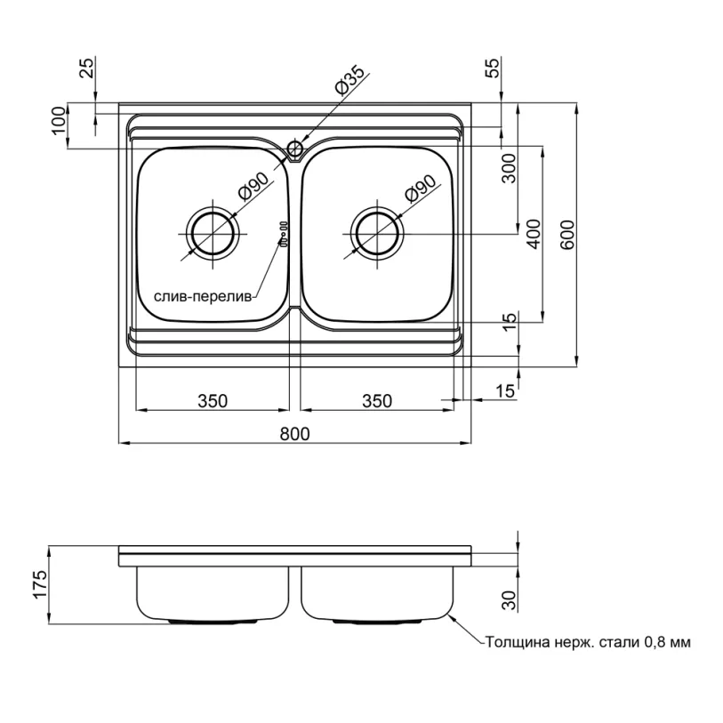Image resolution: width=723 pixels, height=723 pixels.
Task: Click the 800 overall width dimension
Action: click(x=294, y=434)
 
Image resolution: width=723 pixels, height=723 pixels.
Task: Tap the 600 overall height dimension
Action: click(x=568, y=235)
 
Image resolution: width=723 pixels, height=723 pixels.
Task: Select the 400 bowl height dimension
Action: click(x=534, y=234)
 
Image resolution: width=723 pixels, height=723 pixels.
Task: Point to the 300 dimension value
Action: click(x=509, y=168)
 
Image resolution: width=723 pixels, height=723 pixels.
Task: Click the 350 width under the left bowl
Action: click(x=213, y=401)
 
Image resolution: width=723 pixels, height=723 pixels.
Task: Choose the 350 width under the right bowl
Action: click(x=377, y=401)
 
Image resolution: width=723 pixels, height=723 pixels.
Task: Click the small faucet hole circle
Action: click(x=294, y=148)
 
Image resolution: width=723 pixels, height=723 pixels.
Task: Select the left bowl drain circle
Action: click(x=213, y=234)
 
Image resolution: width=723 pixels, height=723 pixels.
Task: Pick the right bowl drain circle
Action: click(x=377, y=234)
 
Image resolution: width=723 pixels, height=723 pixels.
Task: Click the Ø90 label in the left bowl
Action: click(x=253, y=186)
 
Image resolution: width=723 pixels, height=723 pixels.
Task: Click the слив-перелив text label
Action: click(x=203, y=296)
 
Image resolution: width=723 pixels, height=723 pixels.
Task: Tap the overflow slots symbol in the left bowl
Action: click(x=283, y=234)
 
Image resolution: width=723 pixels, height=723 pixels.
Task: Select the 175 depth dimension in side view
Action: click(x=41, y=584)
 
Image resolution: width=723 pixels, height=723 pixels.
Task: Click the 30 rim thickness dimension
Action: click(x=509, y=600)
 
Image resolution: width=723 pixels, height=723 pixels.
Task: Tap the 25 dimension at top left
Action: click(x=86, y=68)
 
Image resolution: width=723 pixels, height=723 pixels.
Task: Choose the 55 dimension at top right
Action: click(x=493, y=68)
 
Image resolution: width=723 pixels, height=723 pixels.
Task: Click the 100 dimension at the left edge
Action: click(x=59, y=120)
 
